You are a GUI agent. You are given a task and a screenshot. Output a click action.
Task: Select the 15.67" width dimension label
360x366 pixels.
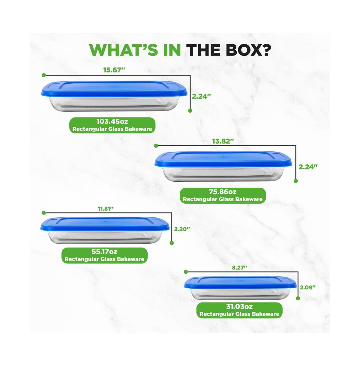114,70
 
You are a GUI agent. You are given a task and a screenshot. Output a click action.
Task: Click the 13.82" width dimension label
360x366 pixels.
223,141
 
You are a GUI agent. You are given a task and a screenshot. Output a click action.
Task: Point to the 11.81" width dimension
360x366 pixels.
106,209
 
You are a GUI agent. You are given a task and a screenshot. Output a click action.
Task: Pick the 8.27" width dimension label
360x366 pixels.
239,268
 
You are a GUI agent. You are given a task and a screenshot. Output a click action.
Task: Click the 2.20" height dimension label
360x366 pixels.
182,229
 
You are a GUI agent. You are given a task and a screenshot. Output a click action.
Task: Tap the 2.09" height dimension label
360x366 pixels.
308,287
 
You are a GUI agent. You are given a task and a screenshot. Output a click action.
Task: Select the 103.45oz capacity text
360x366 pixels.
112,121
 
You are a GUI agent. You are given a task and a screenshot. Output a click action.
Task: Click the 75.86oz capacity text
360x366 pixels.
223,192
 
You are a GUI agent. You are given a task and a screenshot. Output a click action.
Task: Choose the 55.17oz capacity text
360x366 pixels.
104,252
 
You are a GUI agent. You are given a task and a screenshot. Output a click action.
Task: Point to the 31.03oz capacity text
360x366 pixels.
239,307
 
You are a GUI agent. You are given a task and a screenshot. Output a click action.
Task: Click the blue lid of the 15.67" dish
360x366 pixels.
114,88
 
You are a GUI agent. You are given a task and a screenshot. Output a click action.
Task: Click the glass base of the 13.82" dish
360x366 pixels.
223,174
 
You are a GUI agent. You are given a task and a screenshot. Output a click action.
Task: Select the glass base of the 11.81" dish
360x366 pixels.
105,237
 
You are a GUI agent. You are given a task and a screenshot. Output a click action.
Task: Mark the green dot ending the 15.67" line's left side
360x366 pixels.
43,75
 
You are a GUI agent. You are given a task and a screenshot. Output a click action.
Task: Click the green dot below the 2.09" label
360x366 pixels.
298,298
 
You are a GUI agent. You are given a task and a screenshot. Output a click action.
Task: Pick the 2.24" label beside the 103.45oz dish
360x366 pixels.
201,97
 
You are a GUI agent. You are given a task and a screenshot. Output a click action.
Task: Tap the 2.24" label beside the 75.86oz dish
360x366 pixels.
308,167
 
